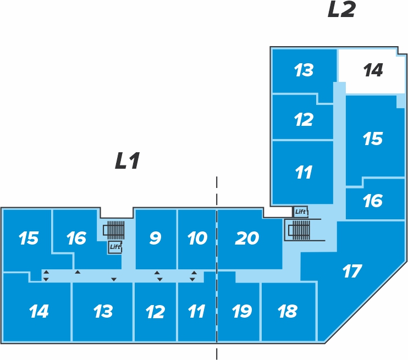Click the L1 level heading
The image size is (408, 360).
[128, 160]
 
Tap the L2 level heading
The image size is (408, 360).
[341, 10]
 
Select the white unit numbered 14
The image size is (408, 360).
[373, 70]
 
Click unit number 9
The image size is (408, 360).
[156, 239]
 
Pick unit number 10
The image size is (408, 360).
[197, 239]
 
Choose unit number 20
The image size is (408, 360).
[247, 239]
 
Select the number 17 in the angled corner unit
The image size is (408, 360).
[352, 272]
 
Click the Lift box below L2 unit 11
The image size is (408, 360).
[301, 212]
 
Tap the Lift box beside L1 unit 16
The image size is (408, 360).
[115, 247]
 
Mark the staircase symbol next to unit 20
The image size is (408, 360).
[299, 230]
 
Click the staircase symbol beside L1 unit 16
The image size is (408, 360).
[114, 230]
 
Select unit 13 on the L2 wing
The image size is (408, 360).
[304, 70]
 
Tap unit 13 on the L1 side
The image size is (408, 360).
[103, 311]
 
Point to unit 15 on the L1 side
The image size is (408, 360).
[28, 238]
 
